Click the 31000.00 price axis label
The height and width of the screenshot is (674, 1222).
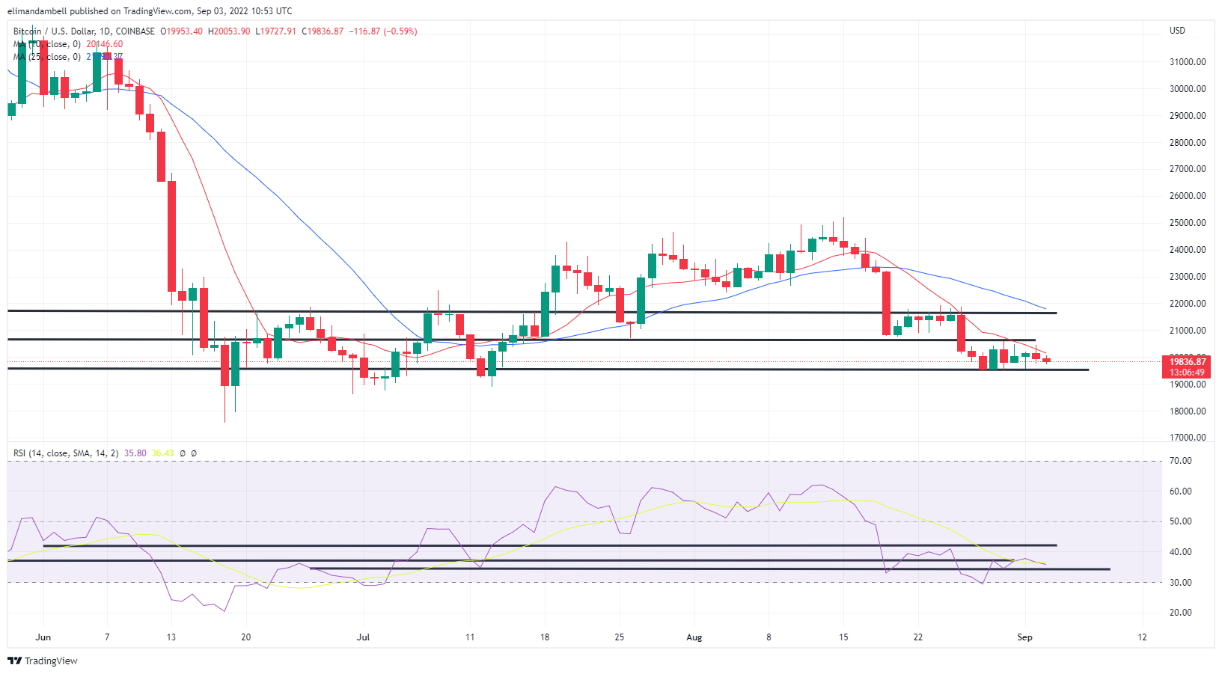pyautogui.click(x=1187, y=62)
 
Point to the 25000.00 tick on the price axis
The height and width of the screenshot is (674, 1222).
pyautogui.click(x=1187, y=223)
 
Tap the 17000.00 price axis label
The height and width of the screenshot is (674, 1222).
pyautogui.click(x=1187, y=438)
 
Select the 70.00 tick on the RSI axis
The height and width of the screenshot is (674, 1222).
pyautogui.click(x=1180, y=461)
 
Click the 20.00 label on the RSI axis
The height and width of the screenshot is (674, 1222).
pyautogui.click(x=1180, y=613)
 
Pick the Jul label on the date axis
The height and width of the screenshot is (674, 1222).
pyautogui.click(x=363, y=637)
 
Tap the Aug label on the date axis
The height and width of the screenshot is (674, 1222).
pyautogui.click(x=694, y=637)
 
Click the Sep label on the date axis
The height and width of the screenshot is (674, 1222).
pyautogui.click(x=1024, y=637)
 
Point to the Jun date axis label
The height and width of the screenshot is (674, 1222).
pyautogui.click(x=43, y=637)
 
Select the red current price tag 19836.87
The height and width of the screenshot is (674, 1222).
pyautogui.click(x=1187, y=362)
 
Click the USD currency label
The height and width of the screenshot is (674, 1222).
pyautogui.click(x=1177, y=31)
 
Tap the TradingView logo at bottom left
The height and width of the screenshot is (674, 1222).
pyautogui.click(x=43, y=661)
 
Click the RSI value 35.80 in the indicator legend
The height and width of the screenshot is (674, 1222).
pyautogui.click(x=135, y=453)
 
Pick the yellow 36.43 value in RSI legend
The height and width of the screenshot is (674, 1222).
pyautogui.click(x=162, y=453)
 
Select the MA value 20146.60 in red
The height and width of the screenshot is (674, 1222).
pyautogui.click(x=104, y=44)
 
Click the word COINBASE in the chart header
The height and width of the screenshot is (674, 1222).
pyautogui.click(x=135, y=31)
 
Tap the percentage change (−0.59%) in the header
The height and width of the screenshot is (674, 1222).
pyautogui.click(x=400, y=31)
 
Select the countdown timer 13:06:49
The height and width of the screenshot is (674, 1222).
pyautogui.click(x=1187, y=373)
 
